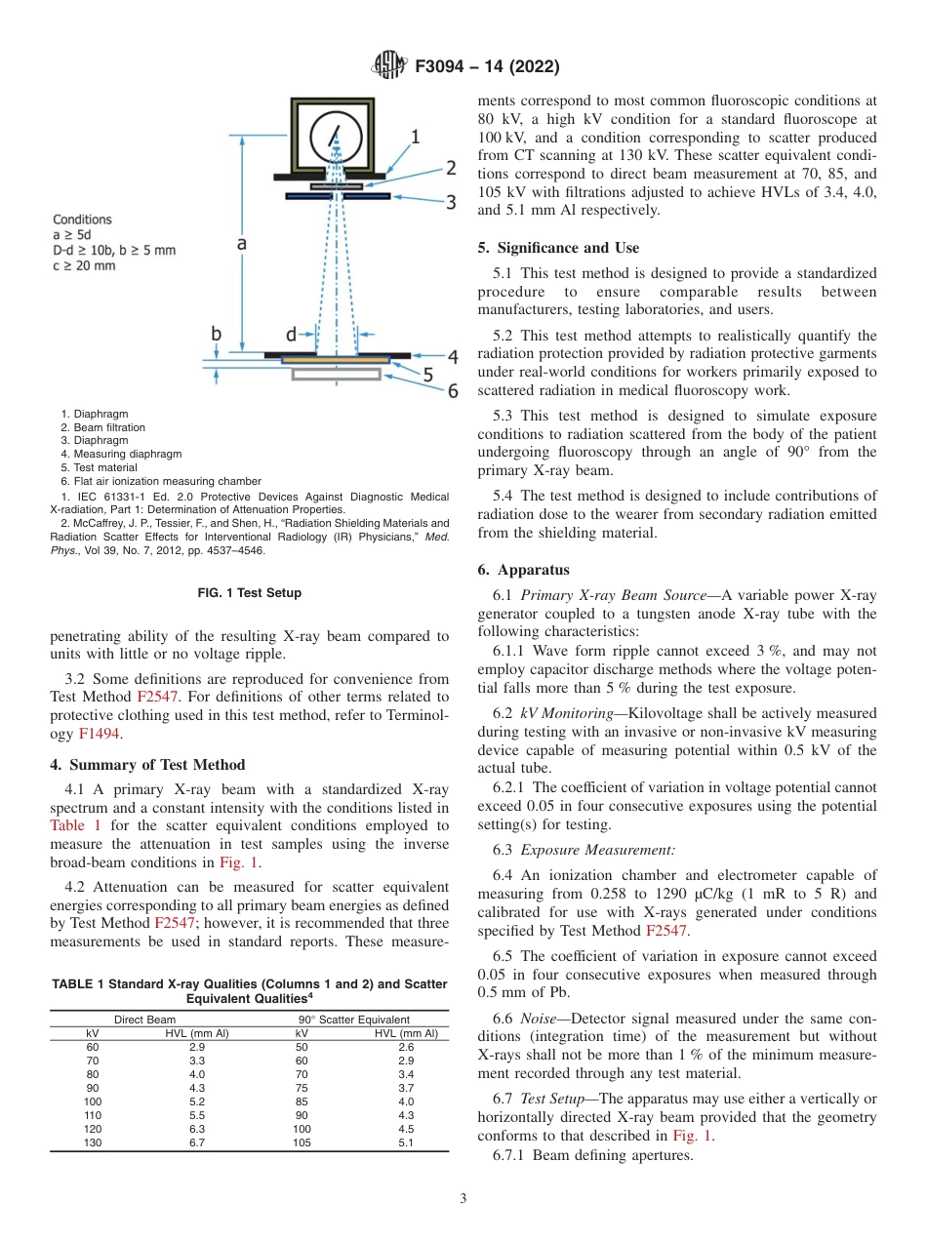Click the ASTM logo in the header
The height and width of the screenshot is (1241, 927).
(389, 67)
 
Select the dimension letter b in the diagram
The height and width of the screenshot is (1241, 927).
(217, 335)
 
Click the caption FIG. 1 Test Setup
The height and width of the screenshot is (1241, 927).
(249, 592)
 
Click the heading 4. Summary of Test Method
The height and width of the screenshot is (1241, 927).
(147, 764)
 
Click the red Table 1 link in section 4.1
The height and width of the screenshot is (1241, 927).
(74, 824)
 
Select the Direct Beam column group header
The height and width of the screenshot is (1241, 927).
(145, 1020)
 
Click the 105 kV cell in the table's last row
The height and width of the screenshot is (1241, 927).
(302, 1142)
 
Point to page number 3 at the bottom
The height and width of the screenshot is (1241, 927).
(463, 1198)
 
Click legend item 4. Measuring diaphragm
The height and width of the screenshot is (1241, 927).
(121, 454)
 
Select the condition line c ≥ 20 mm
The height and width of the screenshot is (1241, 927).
(84, 265)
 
